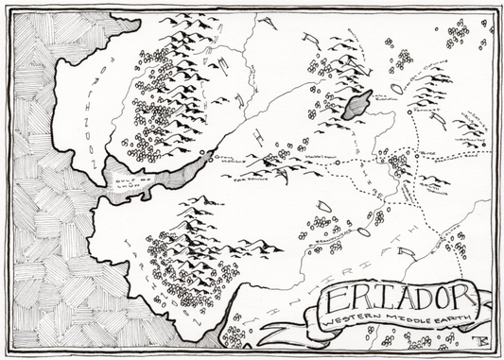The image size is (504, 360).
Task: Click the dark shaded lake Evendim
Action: (356, 103)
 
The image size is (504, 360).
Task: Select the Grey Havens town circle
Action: (202, 151)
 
